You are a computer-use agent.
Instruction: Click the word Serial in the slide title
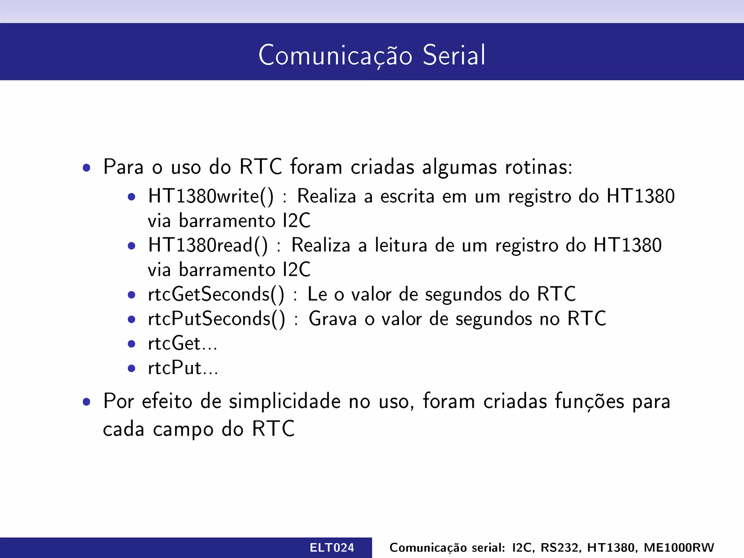tap(454, 55)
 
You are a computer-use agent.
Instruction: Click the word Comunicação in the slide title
tap(335, 55)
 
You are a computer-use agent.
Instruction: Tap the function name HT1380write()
tap(211, 197)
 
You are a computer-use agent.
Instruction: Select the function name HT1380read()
tap(208, 245)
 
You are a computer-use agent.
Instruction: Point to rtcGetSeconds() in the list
tap(216, 294)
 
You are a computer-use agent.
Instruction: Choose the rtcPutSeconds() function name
tap(217, 319)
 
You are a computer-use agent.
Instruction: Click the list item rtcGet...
tap(182, 343)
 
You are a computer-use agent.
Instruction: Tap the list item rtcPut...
tap(183, 368)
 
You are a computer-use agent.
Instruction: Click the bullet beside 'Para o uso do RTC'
tap(86, 167)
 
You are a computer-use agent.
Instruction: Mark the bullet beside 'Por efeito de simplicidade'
tap(86, 402)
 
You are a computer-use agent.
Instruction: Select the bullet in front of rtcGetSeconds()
tap(132, 295)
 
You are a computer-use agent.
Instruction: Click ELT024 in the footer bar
tap(332, 547)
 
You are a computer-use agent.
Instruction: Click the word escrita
tap(407, 197)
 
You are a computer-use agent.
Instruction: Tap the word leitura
tap(401, 245)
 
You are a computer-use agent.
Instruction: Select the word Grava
tap(333, 319)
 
